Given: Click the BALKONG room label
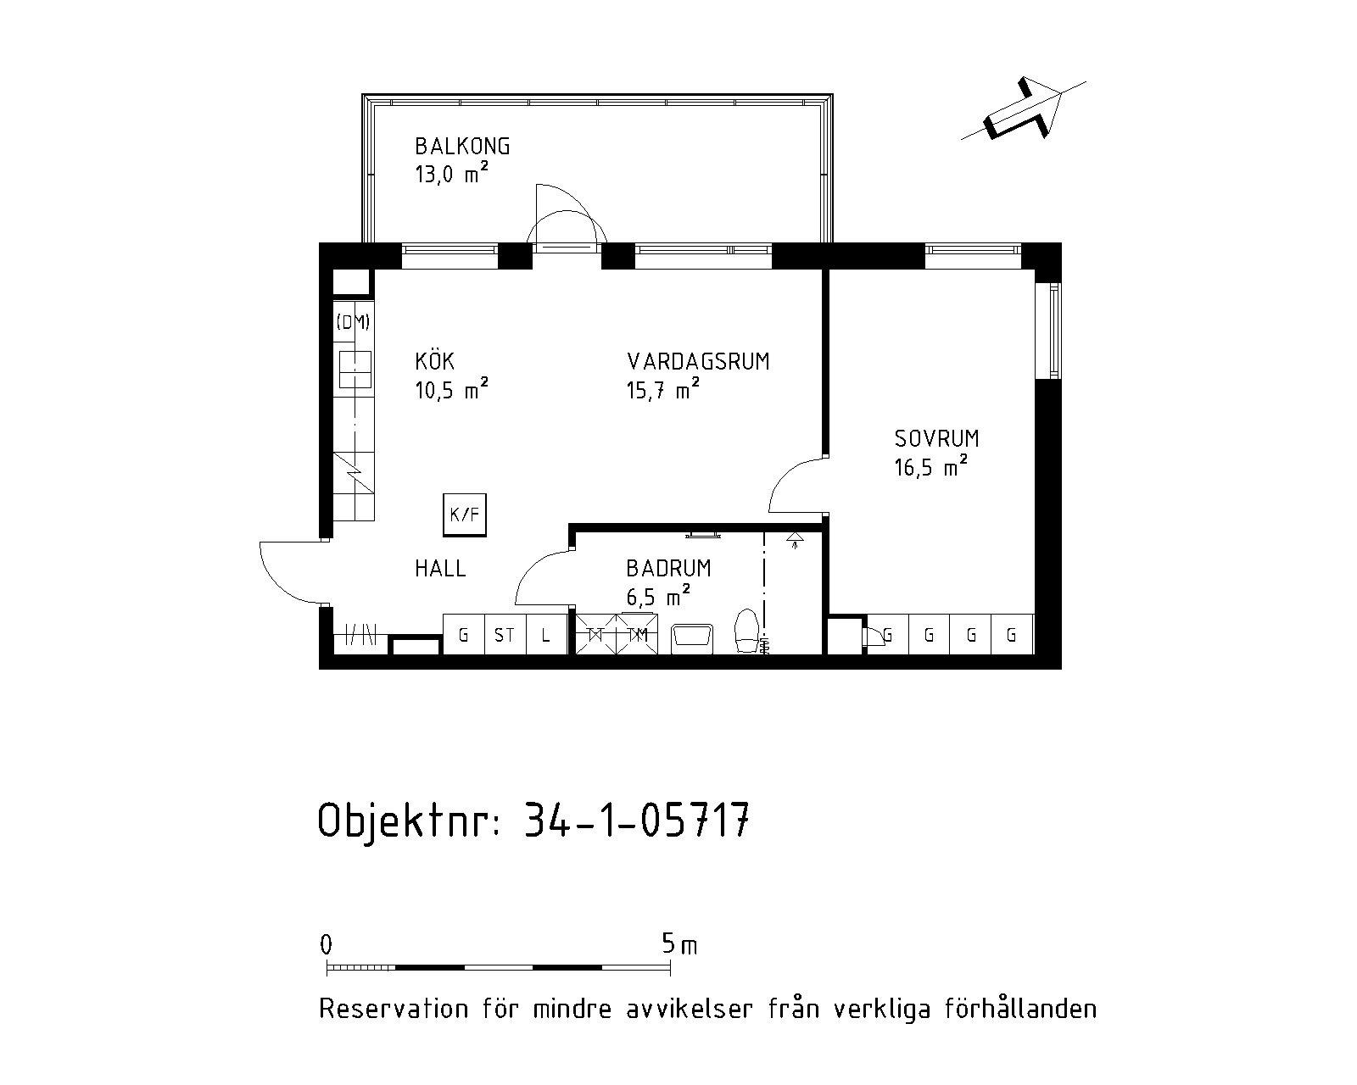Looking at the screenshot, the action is (x=462, y=147).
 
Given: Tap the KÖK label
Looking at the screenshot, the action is (x=434, y=360).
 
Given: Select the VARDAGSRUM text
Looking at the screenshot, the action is (x=698, y=362).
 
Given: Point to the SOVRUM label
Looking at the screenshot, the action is (x=936, y=439).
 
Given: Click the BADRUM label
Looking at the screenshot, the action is (x=668, y=569).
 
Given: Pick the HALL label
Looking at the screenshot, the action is (x=440, y=569).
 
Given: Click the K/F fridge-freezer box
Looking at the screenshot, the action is (x=465, y=515).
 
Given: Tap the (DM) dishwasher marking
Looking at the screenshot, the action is (x=353, y=322).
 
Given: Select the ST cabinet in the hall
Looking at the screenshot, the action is (x=505, y=635).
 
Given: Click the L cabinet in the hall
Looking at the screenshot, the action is (x=546, y=635).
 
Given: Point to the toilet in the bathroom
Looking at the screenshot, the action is (x=747, y=631).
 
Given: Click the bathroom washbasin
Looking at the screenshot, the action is (x=692, y=638).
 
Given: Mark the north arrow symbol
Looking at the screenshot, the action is (x=1024, y=108).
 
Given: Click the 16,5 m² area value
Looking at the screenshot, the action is (x=930, y=466).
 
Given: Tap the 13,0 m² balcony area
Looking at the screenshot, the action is (x=451, y=172).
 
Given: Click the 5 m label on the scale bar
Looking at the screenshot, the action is (x=679, y=944).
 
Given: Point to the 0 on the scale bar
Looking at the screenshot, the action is (x=326, y=944).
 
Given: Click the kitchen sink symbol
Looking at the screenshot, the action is (x=355, y=370).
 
